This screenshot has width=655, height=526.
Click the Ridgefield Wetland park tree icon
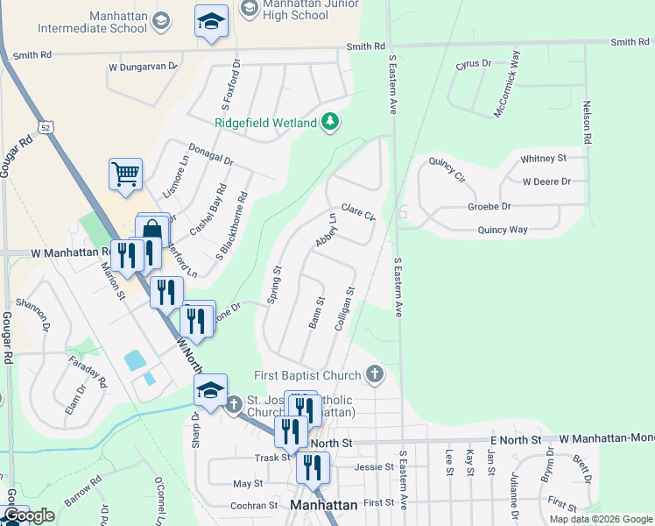pyautogui.click(x=330, y=123)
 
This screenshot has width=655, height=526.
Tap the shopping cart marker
pyautogui.click(x=125, y=174)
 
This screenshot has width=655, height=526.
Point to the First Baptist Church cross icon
pyautogui.click(x=375, y=375)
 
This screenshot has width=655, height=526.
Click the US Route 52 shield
pyautogui.click(x=46, y=128)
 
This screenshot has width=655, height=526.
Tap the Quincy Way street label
pyautogui.click(x=503, y=230)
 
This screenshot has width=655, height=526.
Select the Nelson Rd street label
pyautogui.click(x=588, y=123)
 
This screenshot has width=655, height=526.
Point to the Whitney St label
pyautogui.click(x=543, y=159)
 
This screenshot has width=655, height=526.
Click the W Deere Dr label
pyautogui.click(x=546, y=182)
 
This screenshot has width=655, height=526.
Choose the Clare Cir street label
pyautogui.click(x=358, y=213)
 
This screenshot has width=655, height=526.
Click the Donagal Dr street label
pyautogui.click(x=212, y=155)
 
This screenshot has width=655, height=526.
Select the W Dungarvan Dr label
pyautogui.click(x=143, y=66)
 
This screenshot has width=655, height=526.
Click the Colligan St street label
pyautogui.click(x=344, y=309)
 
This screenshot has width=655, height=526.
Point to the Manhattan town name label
pyautogui.click(x=323, y=506)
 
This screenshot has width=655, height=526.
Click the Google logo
pyautogui.click(x=28, y=515)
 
